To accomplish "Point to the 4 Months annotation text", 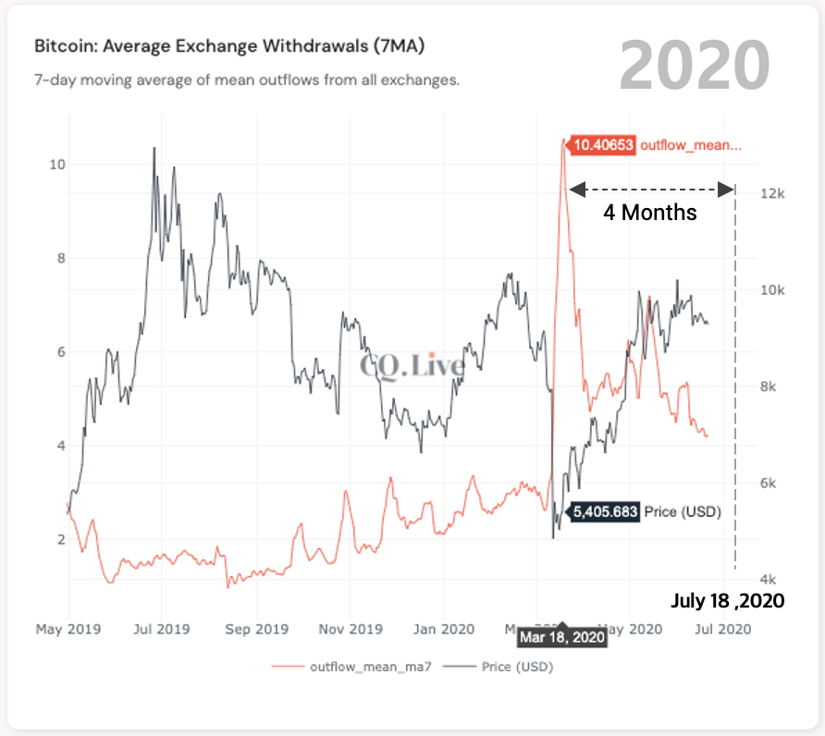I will [650, 213].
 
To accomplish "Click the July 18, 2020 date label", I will [727, 601].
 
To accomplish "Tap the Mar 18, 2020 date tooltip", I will [562, 637].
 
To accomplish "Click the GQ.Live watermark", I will [412, 365].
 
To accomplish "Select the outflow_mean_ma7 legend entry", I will [363, 666].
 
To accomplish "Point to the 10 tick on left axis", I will [56, 165].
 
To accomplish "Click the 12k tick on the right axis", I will [773, 194].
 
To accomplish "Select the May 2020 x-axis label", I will [633, 630].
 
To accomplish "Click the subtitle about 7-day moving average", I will [247, 80].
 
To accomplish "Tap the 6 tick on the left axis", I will [60, 352].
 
